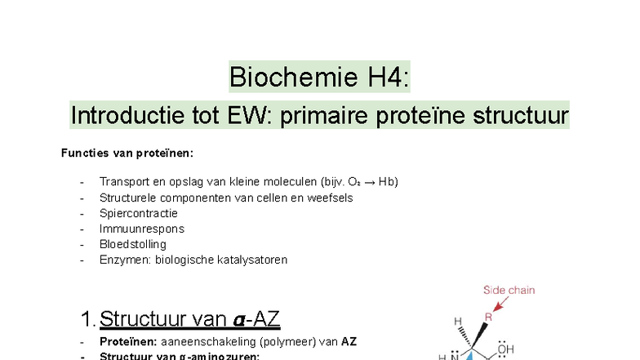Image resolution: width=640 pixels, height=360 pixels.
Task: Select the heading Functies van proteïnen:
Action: pyautogui.click(x=127, y=153)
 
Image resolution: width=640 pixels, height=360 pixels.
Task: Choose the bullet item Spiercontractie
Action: pyautogui.click(x=138, y=213)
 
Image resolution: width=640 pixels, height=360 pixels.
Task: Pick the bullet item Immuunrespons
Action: pyautogui.click(x=141, y=229)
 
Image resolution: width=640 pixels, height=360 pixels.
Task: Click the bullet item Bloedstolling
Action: pyautogui.click(x=132, y=244)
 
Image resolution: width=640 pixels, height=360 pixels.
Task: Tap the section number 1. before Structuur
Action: pyautogui.click(x=89, y=318)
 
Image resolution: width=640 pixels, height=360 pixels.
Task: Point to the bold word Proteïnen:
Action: pyautogui.click(x=127, y=342)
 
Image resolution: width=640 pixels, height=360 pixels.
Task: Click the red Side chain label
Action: pyautogui.click(x=509, y=290)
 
